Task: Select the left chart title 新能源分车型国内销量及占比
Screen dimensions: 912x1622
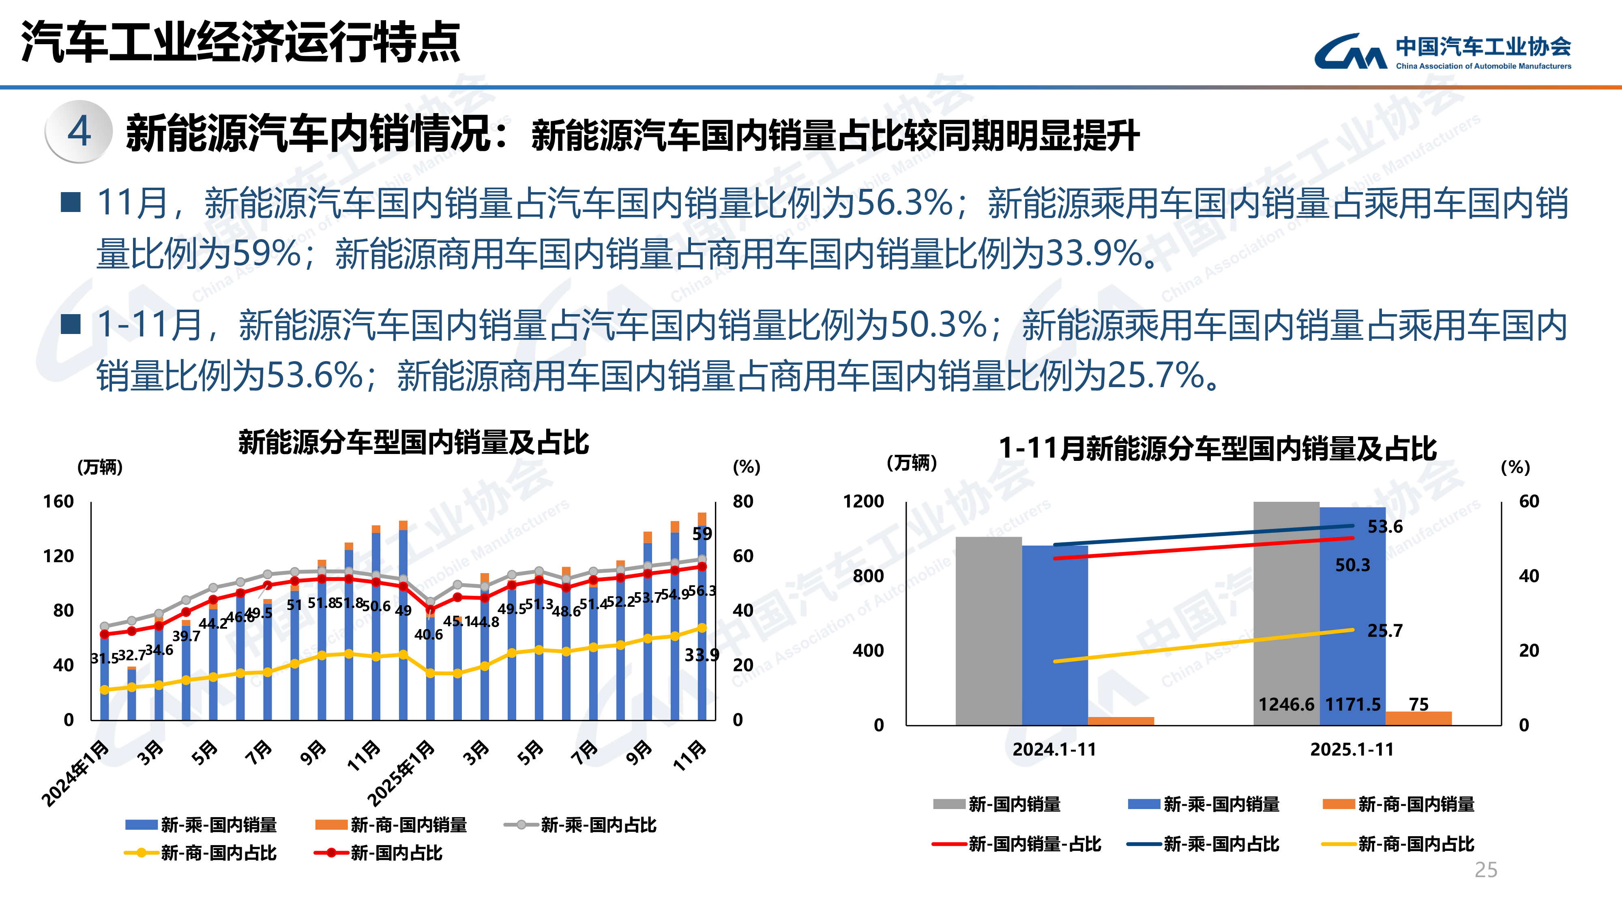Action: tap(413, 443)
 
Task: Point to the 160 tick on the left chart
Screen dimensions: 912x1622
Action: tap(58, 502)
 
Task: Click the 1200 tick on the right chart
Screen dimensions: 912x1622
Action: tap(863, 502)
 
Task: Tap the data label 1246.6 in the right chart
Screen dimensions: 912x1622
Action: tap(1286, 704)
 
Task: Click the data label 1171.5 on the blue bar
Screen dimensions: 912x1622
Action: tap(1352, 704)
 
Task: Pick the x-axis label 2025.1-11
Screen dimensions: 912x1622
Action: tap(1352, 749)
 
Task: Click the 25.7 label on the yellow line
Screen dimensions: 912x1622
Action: tap(1385, 631)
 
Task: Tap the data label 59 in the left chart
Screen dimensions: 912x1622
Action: tap(702, 534)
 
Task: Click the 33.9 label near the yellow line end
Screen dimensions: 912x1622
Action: tap(702, 655)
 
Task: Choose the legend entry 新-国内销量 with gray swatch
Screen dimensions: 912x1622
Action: tap(1014, 804)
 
